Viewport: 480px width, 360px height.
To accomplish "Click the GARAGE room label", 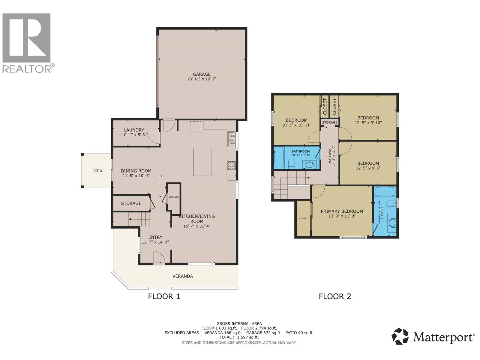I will (202, 74).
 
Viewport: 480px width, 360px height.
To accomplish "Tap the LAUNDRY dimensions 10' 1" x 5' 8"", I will (134, 135).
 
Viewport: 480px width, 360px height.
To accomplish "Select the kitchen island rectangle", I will (202, 162).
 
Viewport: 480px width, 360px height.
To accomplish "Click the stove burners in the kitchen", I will (231, 166).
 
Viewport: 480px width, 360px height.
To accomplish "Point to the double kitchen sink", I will (231, 140).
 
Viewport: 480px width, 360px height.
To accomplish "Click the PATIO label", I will (97, 171).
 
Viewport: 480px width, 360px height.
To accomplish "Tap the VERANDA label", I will (182, 276).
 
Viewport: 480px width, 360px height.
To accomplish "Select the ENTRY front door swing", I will (159, 258).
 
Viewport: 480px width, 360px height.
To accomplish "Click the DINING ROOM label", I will (136, 171).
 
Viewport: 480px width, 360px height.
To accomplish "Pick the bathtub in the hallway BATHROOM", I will (279, 158).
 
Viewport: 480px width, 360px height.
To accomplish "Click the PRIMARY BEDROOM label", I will (342, 211).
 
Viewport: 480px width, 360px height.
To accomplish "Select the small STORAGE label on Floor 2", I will (330, 122).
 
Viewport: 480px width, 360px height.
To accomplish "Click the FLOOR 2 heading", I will (335, 296).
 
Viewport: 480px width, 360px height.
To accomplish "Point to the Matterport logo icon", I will (400, 336).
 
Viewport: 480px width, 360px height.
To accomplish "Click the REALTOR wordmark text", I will (27, 69).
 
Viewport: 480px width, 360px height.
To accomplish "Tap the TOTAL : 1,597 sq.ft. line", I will (239, 337).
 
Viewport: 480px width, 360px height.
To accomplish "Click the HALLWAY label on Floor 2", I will (330, 155).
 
